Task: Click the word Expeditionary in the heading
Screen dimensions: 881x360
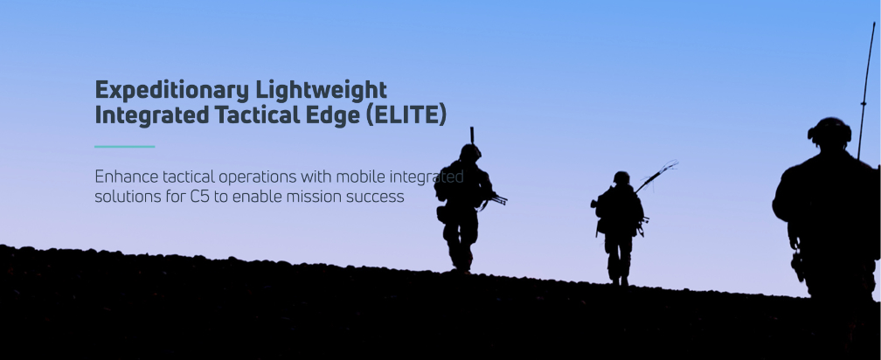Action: click(171, 90)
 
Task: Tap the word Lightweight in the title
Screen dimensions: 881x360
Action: click(321, 90)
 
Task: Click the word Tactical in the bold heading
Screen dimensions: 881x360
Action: click(257, 115)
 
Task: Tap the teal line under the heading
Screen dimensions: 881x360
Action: click(125, 147)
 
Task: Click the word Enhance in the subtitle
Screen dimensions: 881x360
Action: click(127, 177)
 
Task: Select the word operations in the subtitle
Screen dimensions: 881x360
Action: click(258, 178)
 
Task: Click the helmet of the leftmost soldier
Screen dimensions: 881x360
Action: click(470, 152)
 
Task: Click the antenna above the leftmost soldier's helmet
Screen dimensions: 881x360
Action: click(472, 135)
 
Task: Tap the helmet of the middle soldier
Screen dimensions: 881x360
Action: click(621, 178)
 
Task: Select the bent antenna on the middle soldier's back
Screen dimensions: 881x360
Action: click(656, 176)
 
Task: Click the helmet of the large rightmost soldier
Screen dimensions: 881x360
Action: click(829, 133)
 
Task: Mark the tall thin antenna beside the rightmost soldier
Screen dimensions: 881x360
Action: click(866, 91)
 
